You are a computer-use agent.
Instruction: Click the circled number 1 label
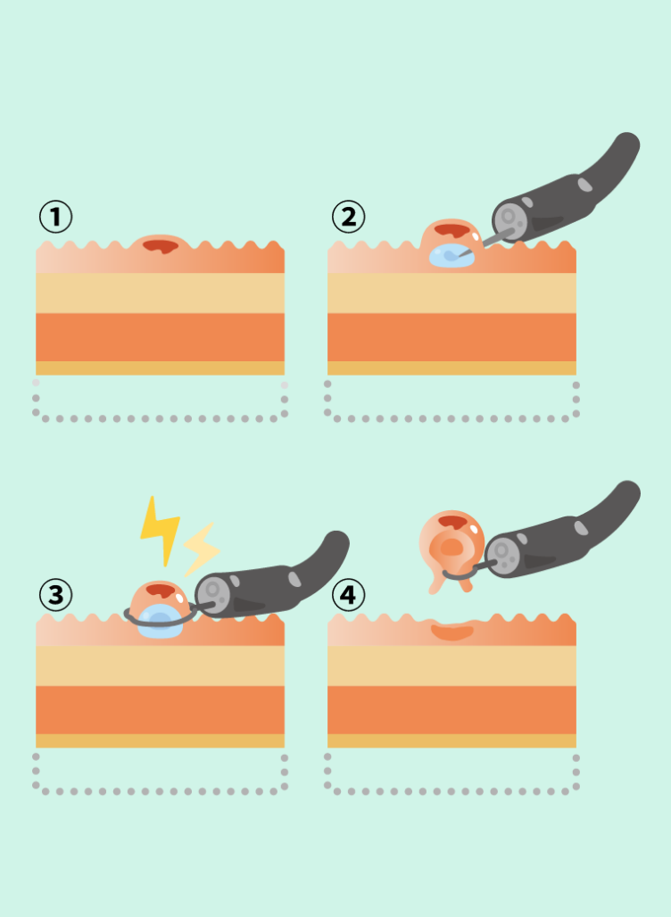(x=55, y=217)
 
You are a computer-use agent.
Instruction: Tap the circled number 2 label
(x=348, y=217)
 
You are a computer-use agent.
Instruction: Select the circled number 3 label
(x=55, y=595)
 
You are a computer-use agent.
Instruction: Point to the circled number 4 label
(x=348, y=595)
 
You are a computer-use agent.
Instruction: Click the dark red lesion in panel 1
(x=161, y=245)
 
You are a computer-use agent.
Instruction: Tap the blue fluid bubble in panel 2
(x=451, y=256)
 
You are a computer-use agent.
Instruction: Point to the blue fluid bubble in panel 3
(x=160, y=622)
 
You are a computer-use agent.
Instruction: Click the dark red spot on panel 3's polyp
(x=161, y=591)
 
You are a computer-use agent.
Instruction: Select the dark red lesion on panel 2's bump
(x=452, y=230)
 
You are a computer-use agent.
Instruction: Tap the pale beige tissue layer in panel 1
(x=161, y=293)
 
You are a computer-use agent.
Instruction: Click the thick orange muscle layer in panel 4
(x=451, y=710)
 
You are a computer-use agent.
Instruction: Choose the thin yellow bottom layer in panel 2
(x=451, y=368)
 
